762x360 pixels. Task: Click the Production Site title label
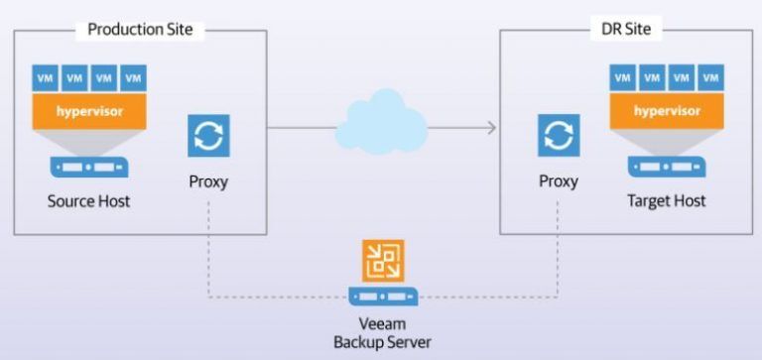click(x=140, y=29)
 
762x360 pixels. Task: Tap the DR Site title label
click(x=626, y=29)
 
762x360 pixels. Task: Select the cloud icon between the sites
click(x=381, y=122)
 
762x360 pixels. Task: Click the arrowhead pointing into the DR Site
click(x=491, y=128)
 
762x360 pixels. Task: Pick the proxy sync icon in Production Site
click(x=208, y=136)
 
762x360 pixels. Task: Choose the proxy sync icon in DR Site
click(x=559, y=135)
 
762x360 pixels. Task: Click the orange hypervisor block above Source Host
click(x=89, y=111)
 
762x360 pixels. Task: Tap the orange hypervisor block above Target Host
click(x=667, y=111)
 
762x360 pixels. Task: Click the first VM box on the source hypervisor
click(x=46, y=77)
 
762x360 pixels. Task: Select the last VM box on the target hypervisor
click(x=710, y=77)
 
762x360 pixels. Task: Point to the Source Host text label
click(x=89, y=201)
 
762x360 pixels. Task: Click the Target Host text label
click(x=667, y=200)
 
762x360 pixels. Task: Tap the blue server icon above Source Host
click(x=89, y=167)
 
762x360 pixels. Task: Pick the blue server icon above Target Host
click(x=667, y=167)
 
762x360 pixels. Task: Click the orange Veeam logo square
click(x=383, y=261)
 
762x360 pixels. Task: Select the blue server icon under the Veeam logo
click(x=383, y=296)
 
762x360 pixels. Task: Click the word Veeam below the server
click(x=382, y=324)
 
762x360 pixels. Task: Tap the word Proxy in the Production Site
click(x=208, y=182)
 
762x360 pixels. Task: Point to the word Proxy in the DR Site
click(x=559, y=181)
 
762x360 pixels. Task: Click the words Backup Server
click(x=382, y=342)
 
